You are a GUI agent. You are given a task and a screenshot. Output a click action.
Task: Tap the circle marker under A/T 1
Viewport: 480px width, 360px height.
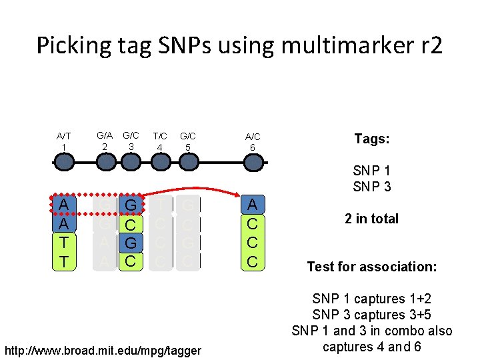click(x=63, y=162)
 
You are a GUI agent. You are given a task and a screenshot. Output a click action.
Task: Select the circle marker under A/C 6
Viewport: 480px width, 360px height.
click(x=252, y=162)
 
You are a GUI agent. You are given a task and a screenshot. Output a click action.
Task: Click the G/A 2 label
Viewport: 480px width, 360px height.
click(x=104, y=141)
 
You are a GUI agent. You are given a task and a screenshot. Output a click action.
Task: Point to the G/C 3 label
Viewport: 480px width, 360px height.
click(x=131, y=141)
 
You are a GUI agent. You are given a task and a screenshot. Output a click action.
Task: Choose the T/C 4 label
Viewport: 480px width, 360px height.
click(x=160, y=141)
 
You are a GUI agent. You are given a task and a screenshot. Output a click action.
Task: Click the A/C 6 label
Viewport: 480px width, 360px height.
click(x=252, y=141)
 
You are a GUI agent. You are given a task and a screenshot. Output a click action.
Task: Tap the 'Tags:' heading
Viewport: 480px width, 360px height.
click(x=372, y=139)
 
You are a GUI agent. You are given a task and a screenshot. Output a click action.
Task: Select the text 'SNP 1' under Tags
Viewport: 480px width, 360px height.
click(x=372, y=171)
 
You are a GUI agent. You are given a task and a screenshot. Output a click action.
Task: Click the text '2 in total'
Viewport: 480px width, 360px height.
click(x=372, y=219)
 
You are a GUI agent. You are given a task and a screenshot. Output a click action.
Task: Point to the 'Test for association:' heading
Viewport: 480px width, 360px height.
click(x=372, y=267)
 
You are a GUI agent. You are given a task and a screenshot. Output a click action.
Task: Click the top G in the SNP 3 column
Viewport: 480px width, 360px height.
click(x=131, y=204)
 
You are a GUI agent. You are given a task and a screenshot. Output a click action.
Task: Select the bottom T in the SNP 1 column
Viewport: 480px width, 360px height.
click(x=63, y=262)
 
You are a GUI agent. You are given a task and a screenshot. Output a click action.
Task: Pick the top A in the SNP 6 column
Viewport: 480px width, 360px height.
click(x=252, y=204)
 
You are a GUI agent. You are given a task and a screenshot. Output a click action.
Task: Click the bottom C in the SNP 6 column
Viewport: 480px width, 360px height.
click(x=252, y=262)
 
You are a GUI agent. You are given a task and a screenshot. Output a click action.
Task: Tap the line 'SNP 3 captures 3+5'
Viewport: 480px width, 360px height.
click(x=372, y=315)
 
